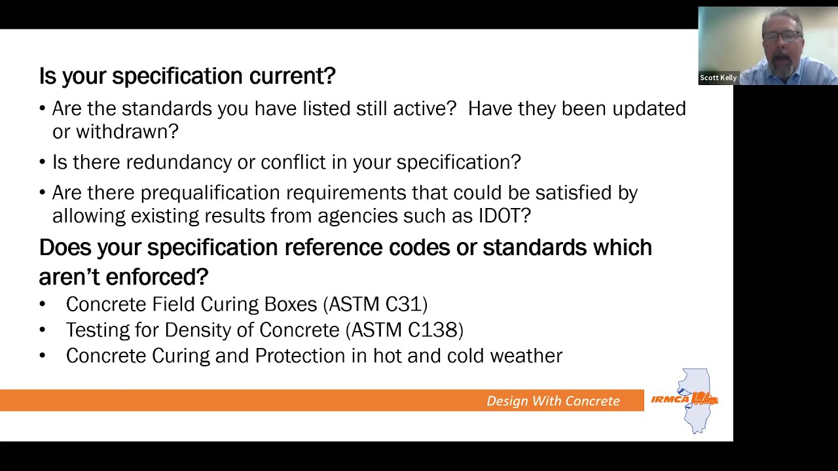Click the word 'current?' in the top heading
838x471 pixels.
click(x=292, y=77)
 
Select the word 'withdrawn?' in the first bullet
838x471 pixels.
click(x=127, y=131)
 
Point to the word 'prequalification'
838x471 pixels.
click(x=210, y=193)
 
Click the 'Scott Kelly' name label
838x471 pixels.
click(x=718, y=78)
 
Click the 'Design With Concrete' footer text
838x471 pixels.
click(x=553, y=401)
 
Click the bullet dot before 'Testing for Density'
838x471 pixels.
click(x=43, y=330)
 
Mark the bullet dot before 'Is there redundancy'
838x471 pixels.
click(x=43, y=163)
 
